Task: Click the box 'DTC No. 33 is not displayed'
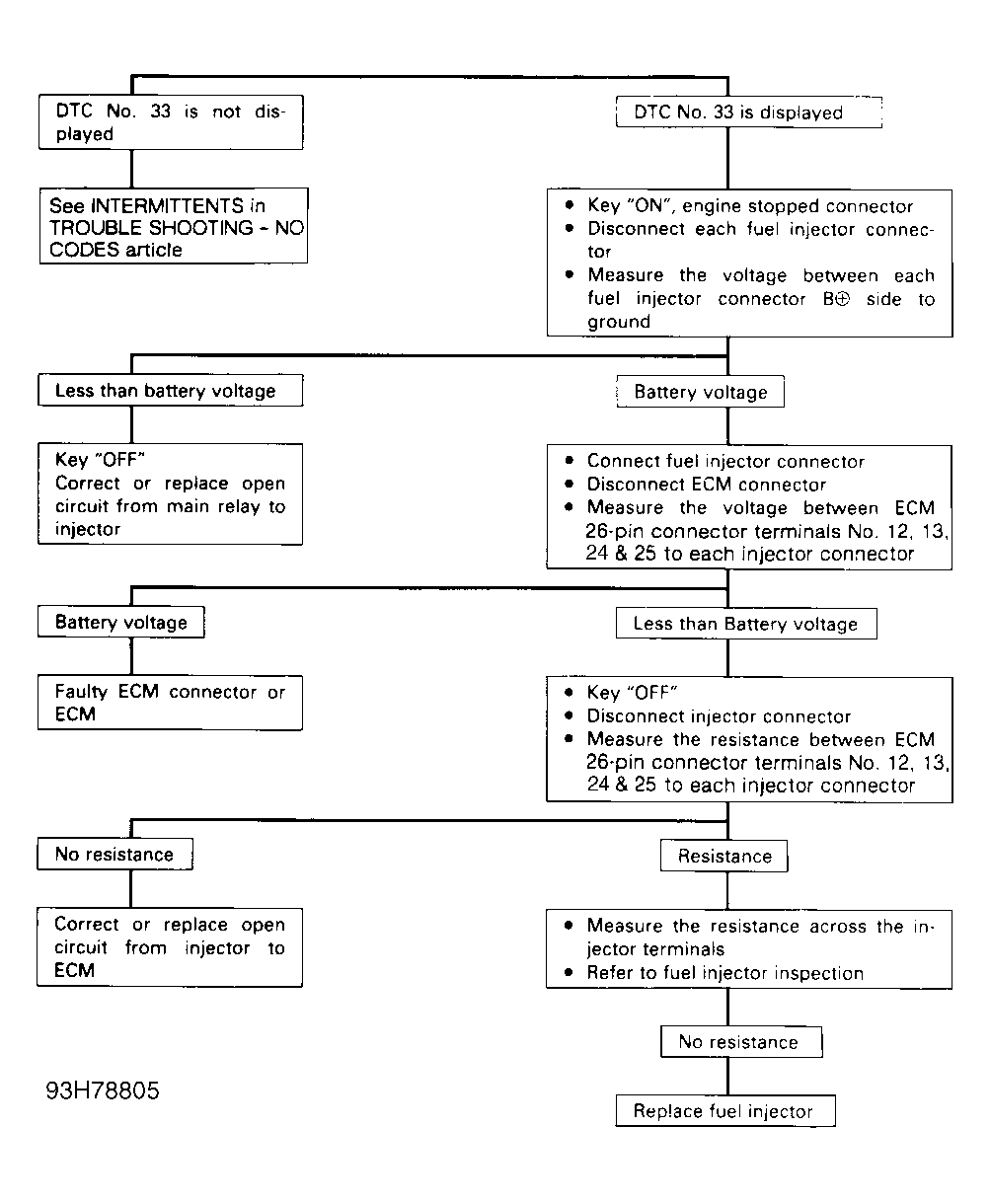coord(170,122)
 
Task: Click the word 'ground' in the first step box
coord(619,323)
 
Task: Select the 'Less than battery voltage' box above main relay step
coord(170,391)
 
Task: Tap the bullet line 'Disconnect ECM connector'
coord(706,485)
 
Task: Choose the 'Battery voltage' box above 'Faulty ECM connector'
coord(120,623)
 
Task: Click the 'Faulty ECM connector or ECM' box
coord(170,703)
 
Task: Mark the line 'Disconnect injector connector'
coord(718,716)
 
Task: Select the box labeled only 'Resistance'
coord(723,857)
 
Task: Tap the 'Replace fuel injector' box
coord(723,1111)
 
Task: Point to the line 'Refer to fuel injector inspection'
coord(724,973)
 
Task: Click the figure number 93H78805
coord(103,1091)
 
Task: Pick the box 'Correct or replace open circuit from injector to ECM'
coord(170,947)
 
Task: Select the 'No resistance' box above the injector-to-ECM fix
coord(114,855)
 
